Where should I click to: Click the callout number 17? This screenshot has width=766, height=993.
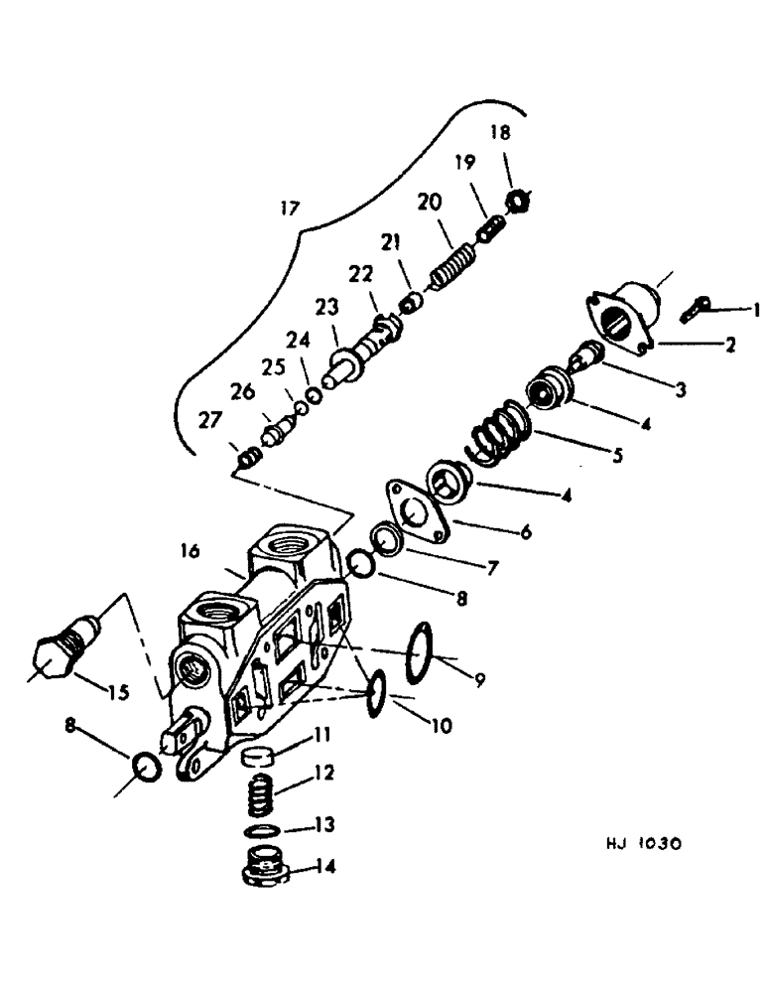pos(289,209)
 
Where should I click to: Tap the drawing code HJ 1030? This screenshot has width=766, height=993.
pos(643,845)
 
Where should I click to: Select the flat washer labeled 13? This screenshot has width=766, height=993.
pos(262,830)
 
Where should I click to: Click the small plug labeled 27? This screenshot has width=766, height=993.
pos(249,458)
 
